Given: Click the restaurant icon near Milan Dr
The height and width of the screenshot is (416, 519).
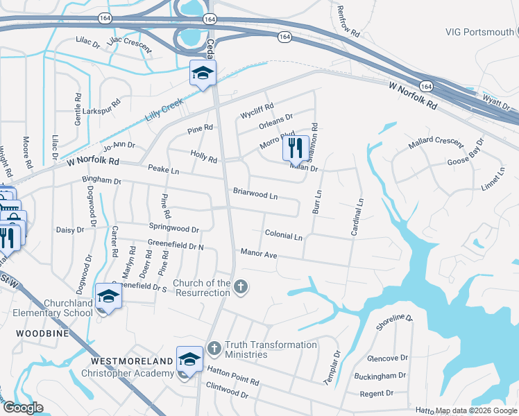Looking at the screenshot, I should coord(295,148).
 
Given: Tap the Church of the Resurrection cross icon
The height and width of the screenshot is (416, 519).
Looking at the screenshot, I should coord(240,287).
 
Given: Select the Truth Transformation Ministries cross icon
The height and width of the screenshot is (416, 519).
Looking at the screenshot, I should coord(214,346).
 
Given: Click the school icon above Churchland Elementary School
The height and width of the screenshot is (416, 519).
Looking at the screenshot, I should coord(108,296).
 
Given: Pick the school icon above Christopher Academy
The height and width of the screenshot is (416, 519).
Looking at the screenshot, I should coord(189,359).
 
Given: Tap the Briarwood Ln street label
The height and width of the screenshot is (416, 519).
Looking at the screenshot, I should coord(255,193).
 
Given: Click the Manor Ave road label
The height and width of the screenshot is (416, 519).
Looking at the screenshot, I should coord(259,254).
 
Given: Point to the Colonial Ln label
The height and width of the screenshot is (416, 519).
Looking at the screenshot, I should coord(283,236).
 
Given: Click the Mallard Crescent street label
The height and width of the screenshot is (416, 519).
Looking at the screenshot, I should coord(435,141).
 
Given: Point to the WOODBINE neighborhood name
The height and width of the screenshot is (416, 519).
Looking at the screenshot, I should coord(34,333).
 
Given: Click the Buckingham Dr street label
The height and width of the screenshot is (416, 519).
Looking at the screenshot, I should coord(379,376).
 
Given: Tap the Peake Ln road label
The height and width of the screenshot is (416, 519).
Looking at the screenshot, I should coord(163,170).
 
